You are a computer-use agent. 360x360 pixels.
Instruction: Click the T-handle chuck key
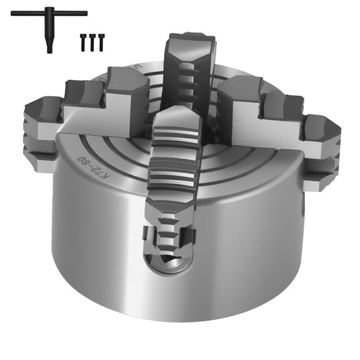click(x=48, y=19)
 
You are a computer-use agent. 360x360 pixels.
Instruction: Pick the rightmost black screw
click(x=101, y=42)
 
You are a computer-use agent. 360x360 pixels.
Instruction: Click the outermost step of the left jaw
click(x=41, y=125)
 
